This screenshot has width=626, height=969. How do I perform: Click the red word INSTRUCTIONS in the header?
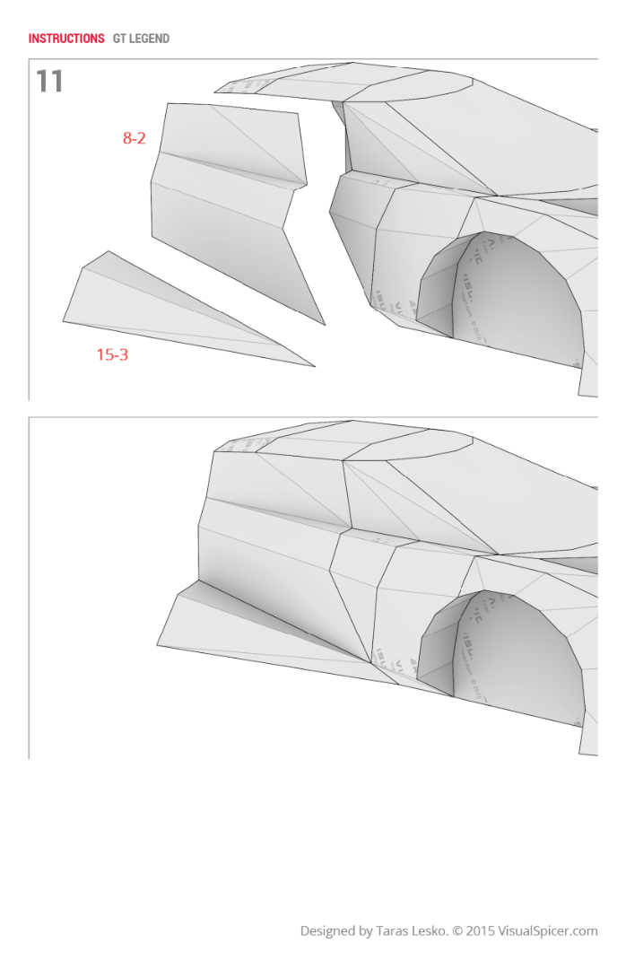66,39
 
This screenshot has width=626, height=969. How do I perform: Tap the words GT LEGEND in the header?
141,39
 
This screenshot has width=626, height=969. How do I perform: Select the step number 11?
49,82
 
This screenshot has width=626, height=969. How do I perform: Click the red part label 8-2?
135,138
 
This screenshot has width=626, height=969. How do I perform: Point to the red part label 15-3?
112,354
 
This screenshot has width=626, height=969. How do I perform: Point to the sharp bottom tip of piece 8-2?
324,324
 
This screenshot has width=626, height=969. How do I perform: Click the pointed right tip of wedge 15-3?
314,366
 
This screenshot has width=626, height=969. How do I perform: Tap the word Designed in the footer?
328,931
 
